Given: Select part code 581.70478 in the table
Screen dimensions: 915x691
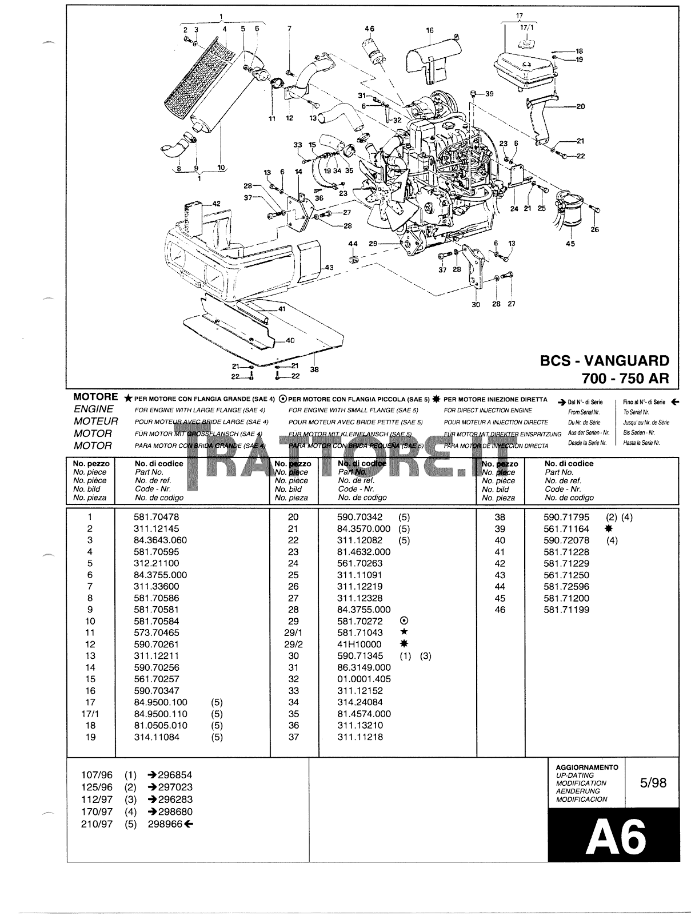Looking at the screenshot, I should point(156,517).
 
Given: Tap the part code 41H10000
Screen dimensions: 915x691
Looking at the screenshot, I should point(360,644).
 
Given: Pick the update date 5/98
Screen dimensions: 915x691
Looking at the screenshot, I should point(653,782).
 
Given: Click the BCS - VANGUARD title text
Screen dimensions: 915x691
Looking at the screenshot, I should point(604,361).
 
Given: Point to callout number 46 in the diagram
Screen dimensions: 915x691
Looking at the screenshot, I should point(369,29).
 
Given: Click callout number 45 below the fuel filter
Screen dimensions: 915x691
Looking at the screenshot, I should point(570,244).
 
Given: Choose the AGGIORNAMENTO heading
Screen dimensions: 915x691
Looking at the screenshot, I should point(587,767).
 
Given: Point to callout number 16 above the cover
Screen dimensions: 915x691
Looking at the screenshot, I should point(430,31).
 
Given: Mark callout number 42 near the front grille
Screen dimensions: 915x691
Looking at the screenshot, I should point(216,204).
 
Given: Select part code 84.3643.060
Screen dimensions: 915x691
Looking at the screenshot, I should point(160,540).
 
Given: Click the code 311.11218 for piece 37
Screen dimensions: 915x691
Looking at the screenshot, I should point(360,737).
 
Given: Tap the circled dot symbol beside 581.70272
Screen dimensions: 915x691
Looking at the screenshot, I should point(404,621).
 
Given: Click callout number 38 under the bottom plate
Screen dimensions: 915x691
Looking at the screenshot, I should point(314,369).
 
